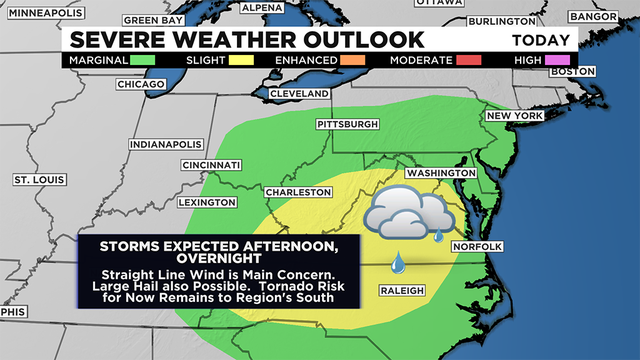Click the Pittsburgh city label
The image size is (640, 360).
click(347, 124)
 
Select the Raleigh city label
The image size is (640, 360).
click(402, 291)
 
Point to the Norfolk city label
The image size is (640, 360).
click(475, 246)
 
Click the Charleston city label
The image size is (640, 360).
click(298, 192)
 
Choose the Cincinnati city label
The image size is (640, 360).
click(212, 165)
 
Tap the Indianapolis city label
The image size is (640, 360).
click(165, 144)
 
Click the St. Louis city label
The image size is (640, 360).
click(39, 180)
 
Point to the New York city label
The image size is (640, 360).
click(513, 116)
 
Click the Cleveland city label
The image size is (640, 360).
click(299, 94)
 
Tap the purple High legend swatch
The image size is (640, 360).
click(556, 61)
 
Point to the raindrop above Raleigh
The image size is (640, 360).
click(399, 261)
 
